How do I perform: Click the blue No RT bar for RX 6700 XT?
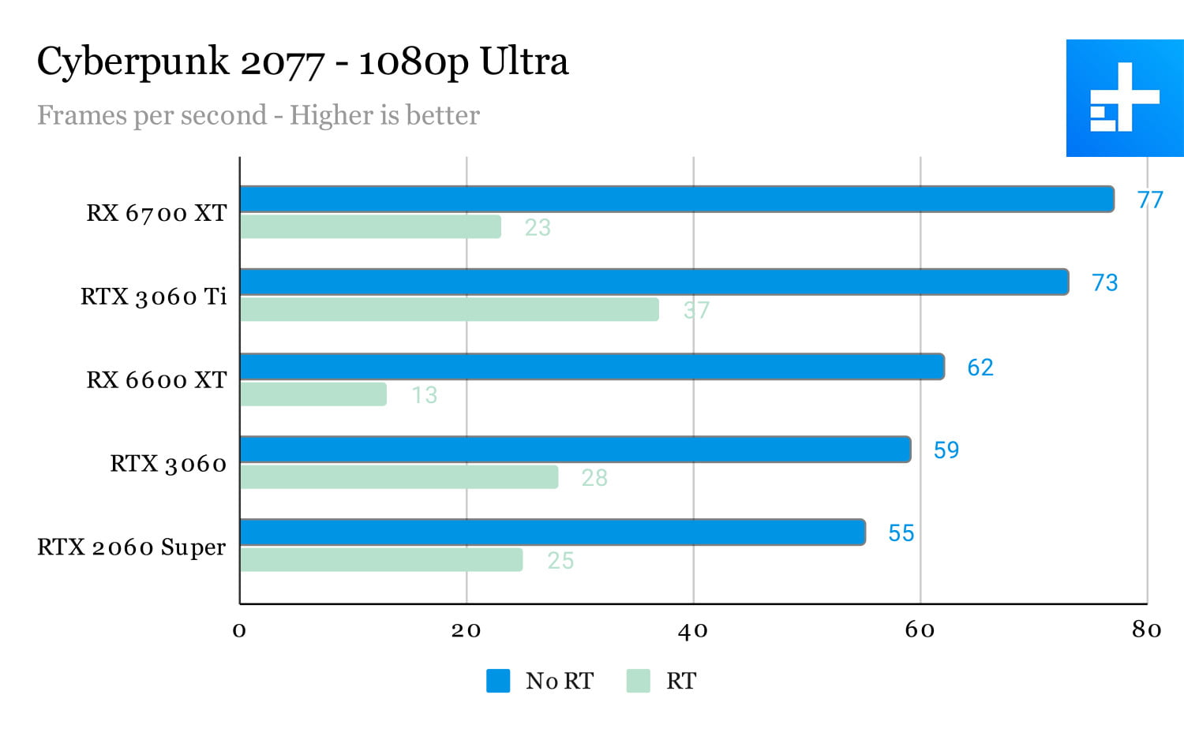pyautogui.click(x=676, y=200)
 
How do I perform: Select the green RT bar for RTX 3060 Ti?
pyautogui.click(x=449, y=310)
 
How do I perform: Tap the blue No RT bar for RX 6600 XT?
pyautogui.click(x=592, y=367)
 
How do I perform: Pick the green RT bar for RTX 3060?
pyautogui.click(x=399, y=477)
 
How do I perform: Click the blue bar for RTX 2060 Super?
pyautogui.click(x=553, y=532)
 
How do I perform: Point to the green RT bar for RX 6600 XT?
pyautogui.click(x=313, y=394)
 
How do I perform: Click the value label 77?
pyautogui.click(x=1150, y=200)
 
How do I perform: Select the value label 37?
pyautogui.click(x=696, y=311)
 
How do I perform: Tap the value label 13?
pyautogui.click(x=424, y=395)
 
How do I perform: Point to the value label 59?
pyautogui.click(x=946, y=450)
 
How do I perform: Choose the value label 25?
pyautogui.click(x=560, y=561)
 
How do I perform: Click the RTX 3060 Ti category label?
pyautogui.click(x=154, y=297)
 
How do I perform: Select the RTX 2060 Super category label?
pyautogui.click(x=132, y=547)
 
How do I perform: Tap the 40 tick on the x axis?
pyautogui.click(x=693, y=630)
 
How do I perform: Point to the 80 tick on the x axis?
pyautogui.click(x=1146, y=629)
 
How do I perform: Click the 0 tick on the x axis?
pyautogui.click(x=239, y=630)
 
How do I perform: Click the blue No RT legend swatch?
pyautogui.click(x=498, y=681)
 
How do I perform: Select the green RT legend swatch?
pyautogui.click(x=638, y=681)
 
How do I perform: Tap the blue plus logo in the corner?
pyautogui.click(x=1125, y=98)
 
